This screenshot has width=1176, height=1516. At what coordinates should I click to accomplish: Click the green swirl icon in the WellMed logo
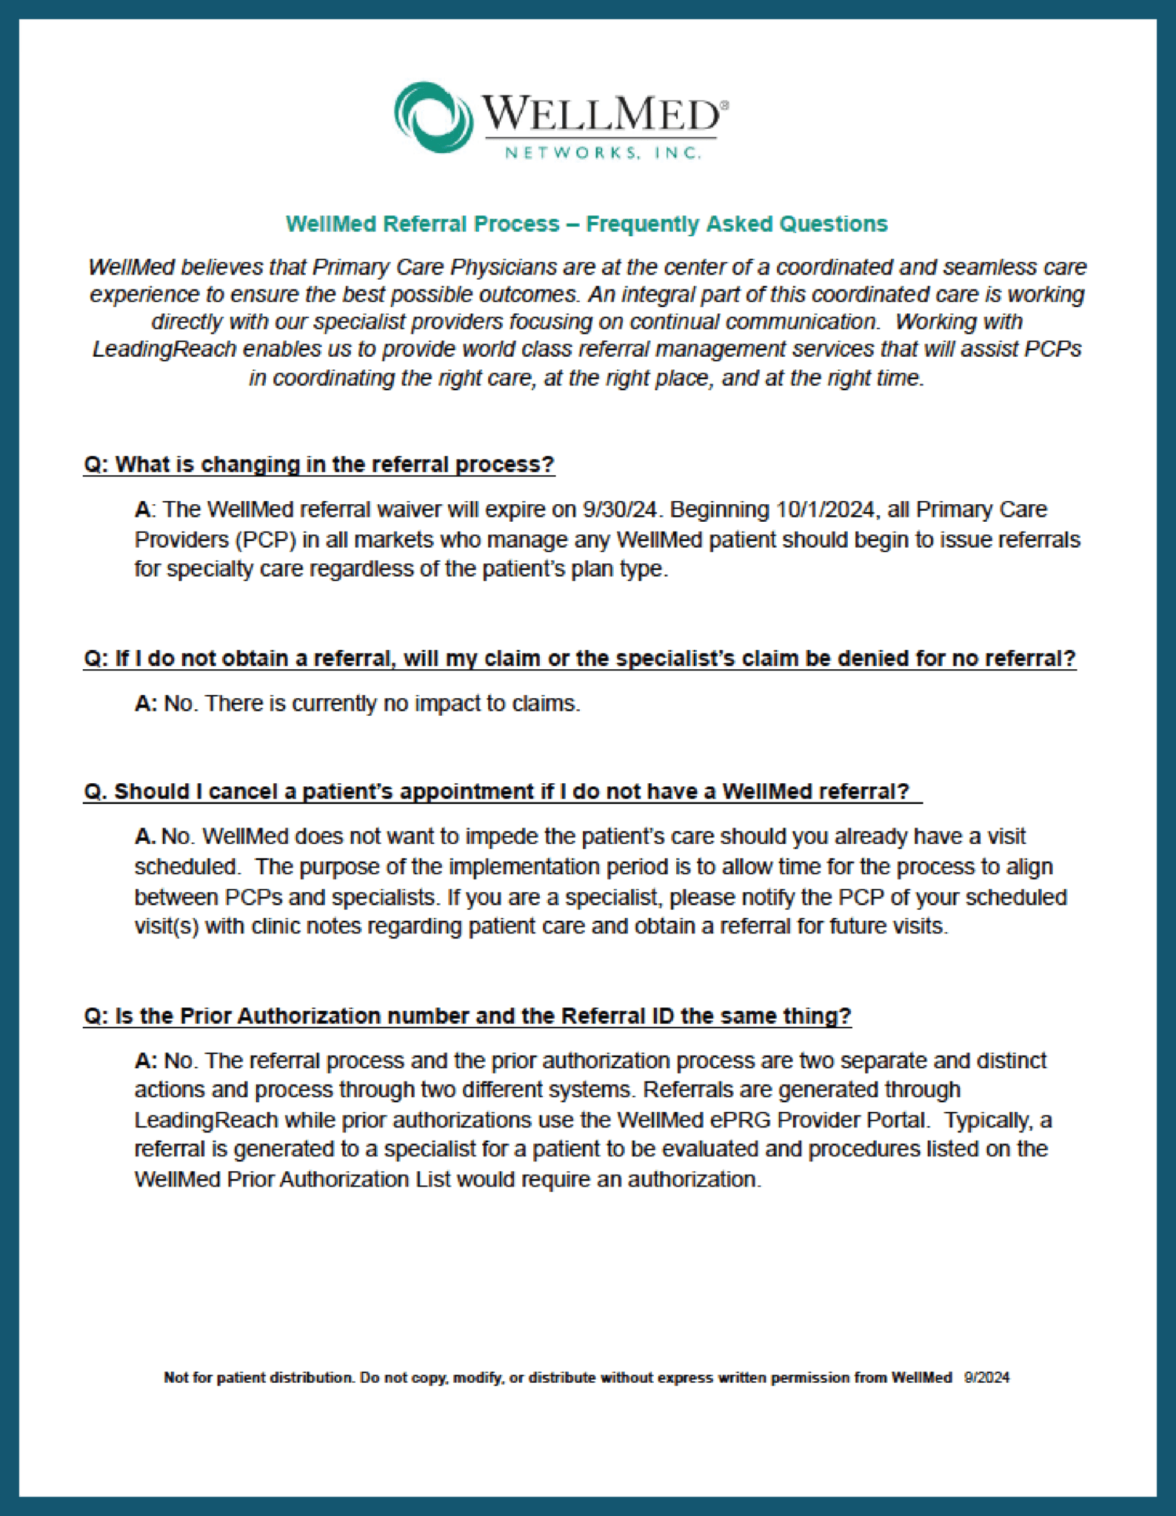(434, 117)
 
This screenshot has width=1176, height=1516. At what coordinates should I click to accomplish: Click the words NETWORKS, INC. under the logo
(602, 153)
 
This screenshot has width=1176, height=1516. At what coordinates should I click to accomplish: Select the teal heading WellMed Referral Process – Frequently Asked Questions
(587, 224)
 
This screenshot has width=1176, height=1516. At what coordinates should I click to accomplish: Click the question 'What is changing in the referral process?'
(319, 464)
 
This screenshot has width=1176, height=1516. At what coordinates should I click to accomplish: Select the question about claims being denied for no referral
(579, 658)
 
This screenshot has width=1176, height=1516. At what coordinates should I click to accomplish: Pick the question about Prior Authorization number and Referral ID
(467, 1016)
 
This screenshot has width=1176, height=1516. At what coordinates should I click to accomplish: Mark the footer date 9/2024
(986, 1378)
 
